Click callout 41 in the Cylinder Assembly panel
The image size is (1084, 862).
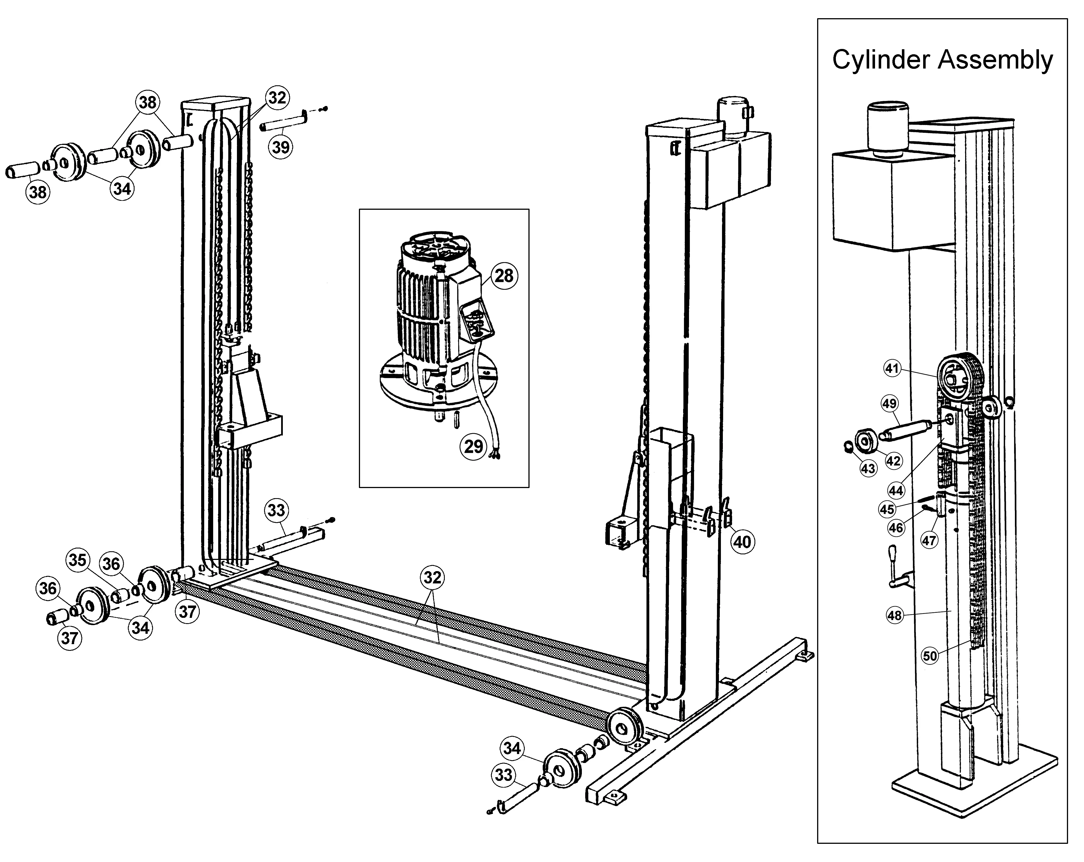pyautogui.click(x=892, y=368)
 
